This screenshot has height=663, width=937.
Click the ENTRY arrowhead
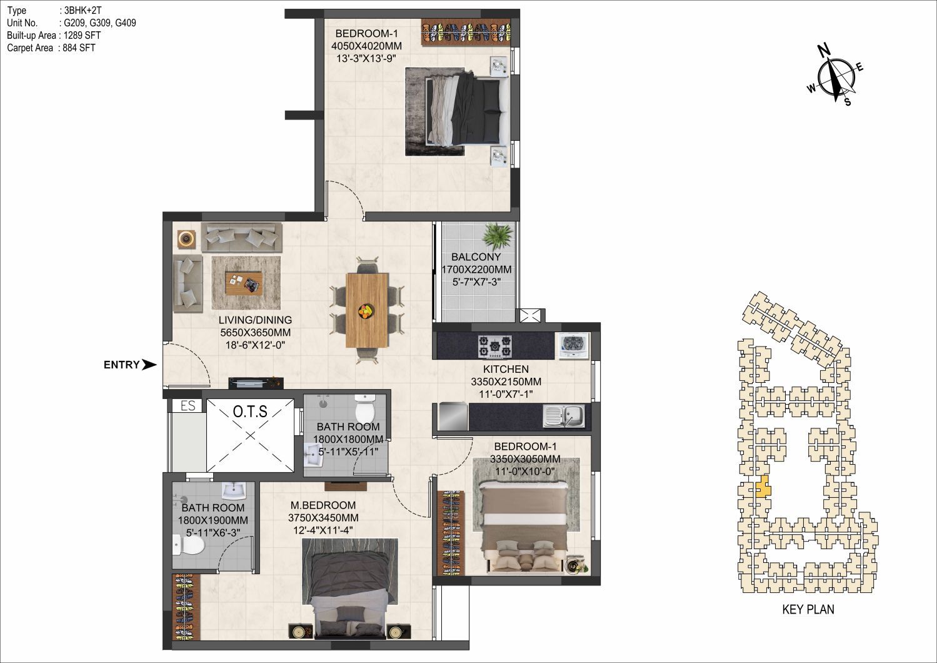[149, 365]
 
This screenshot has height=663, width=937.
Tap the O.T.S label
[250, 412]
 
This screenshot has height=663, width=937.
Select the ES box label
[188, 405]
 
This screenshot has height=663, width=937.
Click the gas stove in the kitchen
[495, 347]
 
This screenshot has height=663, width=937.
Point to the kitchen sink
[564, 416]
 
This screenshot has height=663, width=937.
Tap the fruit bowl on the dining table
[366, 311]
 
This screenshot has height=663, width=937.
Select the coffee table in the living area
[244, 283]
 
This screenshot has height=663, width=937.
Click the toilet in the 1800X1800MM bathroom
[364, 408]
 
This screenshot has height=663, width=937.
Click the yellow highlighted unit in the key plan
[762, 487]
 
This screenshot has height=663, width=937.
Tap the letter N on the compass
[824, 51]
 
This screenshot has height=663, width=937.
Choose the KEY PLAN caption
[808, 609]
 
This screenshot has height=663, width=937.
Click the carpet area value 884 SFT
[79, 48]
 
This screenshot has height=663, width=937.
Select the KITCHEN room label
[506, 369]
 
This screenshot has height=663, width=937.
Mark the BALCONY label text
[476, 257]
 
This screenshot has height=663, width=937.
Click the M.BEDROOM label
[323, 505]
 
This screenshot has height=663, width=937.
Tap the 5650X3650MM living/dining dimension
[255, 333]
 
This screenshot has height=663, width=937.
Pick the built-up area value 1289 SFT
[82, 35]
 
